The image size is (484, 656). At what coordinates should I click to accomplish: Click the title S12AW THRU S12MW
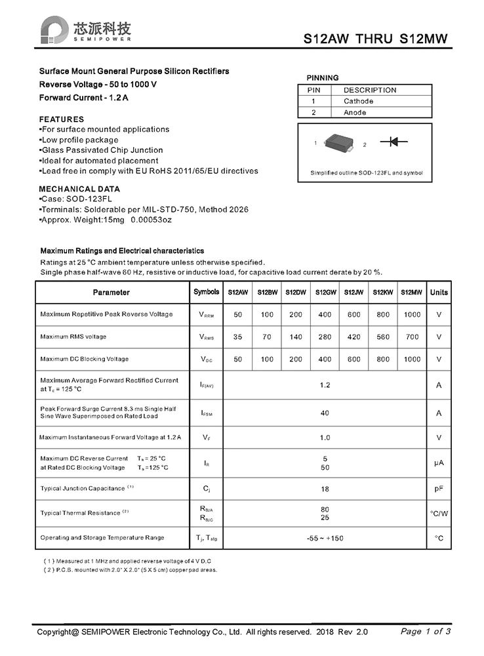[x=376, y=39]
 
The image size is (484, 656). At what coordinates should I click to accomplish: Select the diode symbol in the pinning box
[x=395, y=142]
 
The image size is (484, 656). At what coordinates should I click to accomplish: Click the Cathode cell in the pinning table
[x=358, y=101]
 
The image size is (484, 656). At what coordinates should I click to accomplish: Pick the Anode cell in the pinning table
[x=355, y=112]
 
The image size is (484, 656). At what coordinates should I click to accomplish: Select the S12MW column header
[x=411, y=293]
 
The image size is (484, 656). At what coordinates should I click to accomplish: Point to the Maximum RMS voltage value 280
[x=325, y=337]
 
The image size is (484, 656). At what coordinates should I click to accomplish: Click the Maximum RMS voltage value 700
[x=412, y=337]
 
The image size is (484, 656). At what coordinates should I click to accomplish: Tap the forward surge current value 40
[x=325, y=413]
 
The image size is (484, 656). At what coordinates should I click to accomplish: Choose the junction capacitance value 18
[x=325, y=489]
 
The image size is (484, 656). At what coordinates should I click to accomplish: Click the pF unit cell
[x=439, y=489]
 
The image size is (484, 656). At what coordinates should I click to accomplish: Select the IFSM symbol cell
[x=206, y=413]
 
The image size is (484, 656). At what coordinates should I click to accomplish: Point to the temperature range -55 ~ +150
[x=325, y=538]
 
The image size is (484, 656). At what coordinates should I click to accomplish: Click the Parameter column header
[x=111, y=293]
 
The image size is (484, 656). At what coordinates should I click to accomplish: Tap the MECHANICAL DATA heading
[x=80, y=189]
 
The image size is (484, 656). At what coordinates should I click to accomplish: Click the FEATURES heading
[x=62, y=119]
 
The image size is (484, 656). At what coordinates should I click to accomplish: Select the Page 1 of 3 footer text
[x=426, y=632]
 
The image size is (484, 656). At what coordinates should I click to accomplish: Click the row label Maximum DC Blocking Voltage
[x=85, y=359]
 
